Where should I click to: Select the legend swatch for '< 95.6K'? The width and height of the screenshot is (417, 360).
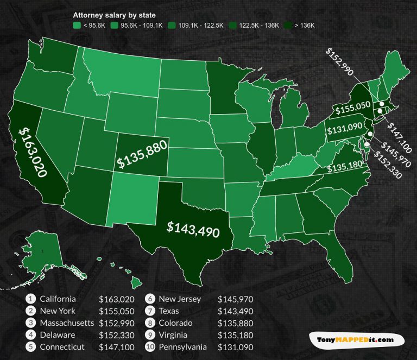coord(77,26)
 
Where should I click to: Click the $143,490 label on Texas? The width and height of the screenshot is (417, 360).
coord(193,229)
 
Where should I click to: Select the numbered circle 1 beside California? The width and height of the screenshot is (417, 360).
coord(31,299)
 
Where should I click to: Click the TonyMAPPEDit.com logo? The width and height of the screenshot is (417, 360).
coord(356,340)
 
